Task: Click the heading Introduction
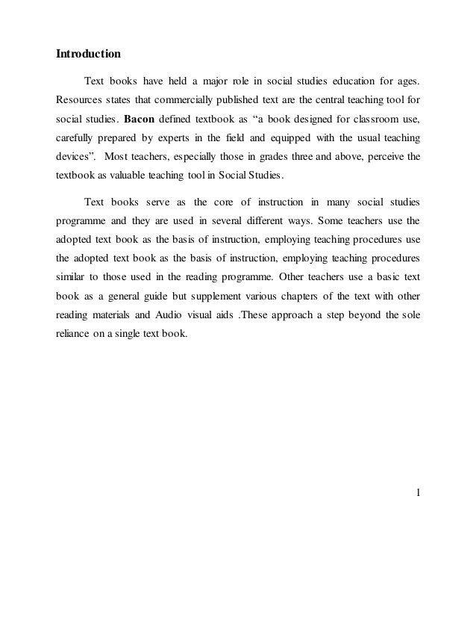(x=88, y=55)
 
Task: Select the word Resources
(x=79, y=99)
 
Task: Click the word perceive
(x=385, y=158)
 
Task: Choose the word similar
(x=71, y=276)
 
